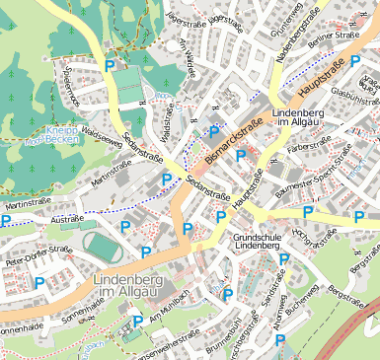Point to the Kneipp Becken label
65,135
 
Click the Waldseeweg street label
101,142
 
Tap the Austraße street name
67,219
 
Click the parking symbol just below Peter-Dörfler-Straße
39,282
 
